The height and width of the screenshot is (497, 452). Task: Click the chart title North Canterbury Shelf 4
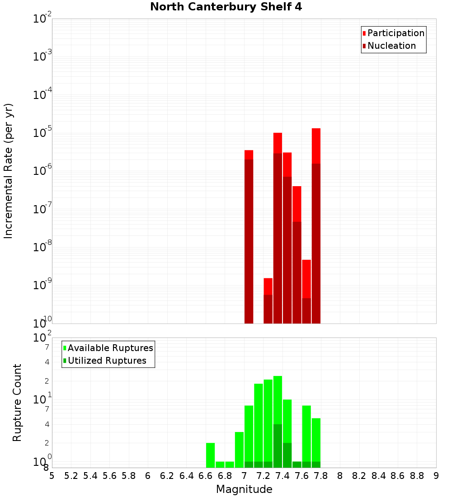point(226,7)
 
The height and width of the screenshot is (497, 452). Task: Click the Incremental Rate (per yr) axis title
point(9,171)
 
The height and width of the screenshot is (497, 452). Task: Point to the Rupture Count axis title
point(17,403)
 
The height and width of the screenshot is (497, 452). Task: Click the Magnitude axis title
point(244,489)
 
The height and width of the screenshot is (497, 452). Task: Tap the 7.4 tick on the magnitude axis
point(282,476)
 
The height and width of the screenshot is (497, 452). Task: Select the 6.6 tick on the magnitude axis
point(206,476)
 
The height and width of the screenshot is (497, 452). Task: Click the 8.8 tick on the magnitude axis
point(417,476)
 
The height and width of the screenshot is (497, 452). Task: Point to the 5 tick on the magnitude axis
point(52,476)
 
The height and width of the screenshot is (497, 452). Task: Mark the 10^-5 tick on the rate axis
point(43,133)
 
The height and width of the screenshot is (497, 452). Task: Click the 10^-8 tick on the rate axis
point(43,248)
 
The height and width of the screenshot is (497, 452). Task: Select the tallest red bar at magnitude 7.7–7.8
point(316,226)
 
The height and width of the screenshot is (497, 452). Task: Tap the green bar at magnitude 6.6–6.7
point(210,455)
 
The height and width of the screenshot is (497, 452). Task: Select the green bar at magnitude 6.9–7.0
point(239,450)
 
